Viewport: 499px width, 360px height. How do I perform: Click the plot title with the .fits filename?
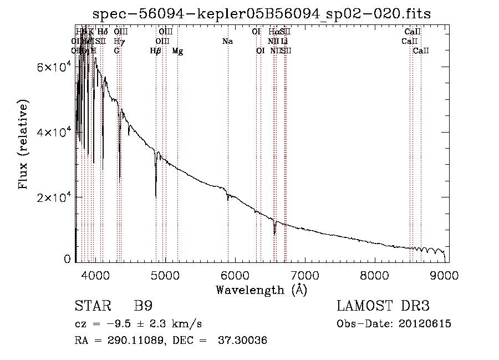[262, 13]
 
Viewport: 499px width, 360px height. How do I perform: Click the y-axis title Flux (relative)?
[24, 145]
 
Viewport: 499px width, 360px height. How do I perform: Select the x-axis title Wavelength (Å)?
[261, 290]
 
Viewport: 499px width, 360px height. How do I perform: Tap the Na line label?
[227, 42]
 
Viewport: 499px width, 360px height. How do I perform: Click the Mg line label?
[177, 51]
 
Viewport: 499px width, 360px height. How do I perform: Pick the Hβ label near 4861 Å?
[156, 51]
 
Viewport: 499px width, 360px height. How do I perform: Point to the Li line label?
[284, 42]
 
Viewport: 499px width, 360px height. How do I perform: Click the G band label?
[116, 51]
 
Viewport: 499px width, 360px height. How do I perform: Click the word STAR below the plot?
[91, 306]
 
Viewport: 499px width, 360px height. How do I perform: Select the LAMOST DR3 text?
[383, 306]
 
